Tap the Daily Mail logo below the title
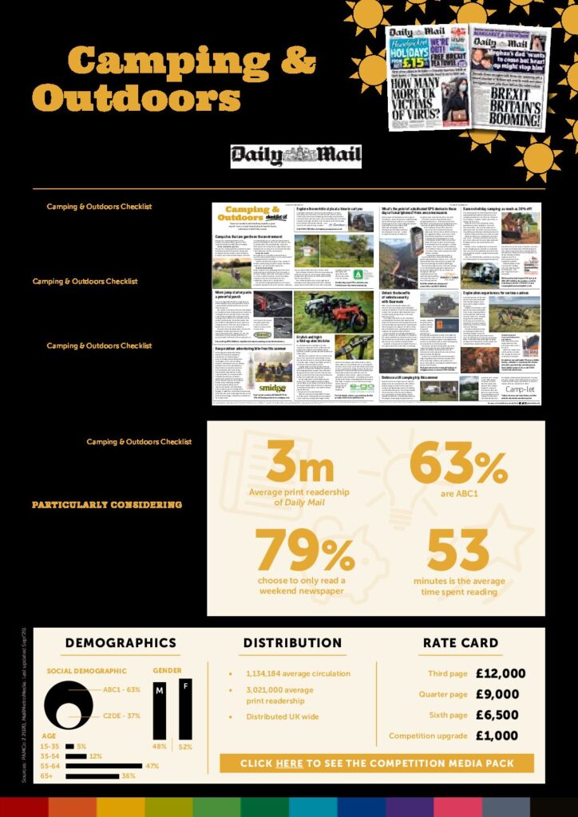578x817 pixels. (296, 156)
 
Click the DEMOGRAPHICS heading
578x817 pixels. (121, 642)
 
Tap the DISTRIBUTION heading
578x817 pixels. (292, 642)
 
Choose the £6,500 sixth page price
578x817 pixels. (497, 715)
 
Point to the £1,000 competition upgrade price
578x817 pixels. (497, 736)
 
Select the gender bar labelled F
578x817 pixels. (185, 707)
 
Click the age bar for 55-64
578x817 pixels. (104, 766)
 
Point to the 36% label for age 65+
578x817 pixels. (129, 776)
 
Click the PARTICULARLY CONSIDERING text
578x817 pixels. (106, 505)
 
